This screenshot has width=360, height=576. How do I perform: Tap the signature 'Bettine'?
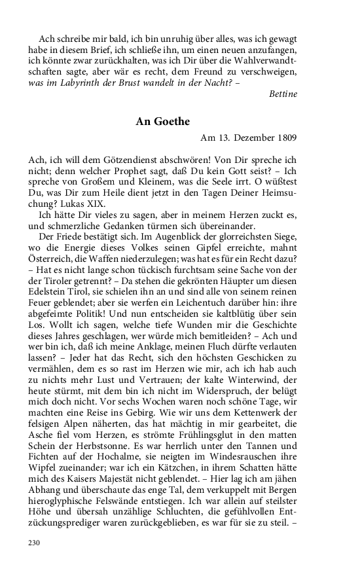tap(283, 94)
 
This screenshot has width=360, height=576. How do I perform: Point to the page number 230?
tap(35, 543)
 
